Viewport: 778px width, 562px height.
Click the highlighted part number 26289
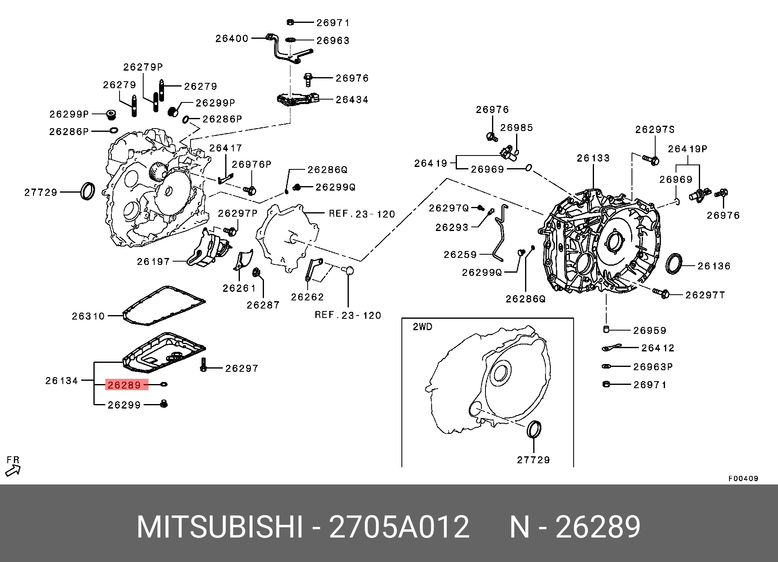tap(124, 385)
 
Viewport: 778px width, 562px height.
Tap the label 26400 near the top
tap(232, 38)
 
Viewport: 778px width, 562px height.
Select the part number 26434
tap(352, 100)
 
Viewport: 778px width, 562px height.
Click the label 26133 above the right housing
tap(593, 158)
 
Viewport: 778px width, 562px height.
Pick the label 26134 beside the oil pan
tap(62, 380)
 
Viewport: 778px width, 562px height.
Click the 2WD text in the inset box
tap(422, 327)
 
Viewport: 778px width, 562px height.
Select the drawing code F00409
tap(743, 478)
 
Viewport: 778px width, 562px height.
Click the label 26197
tap(153, 261)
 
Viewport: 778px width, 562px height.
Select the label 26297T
tap(705, 295)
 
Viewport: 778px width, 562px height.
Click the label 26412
tap(658, 348)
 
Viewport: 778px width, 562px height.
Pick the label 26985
tap(516, 128)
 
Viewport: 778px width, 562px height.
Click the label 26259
tap(460, 255)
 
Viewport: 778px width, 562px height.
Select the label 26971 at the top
tap(333, 23)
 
